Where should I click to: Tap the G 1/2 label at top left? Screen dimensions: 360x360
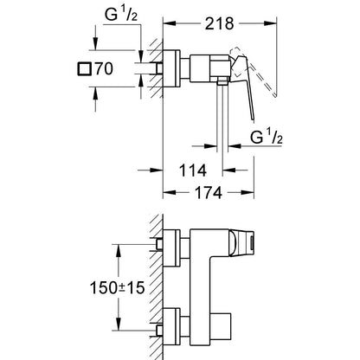(121, 16)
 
